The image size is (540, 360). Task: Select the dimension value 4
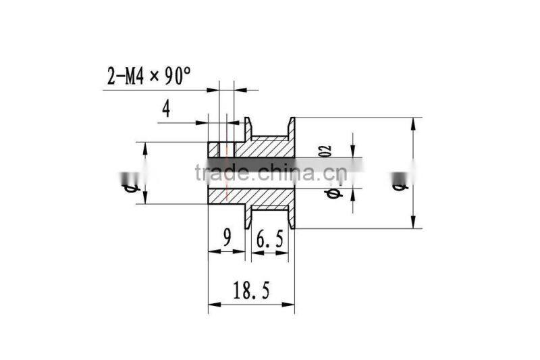pyautogui.click(x=167, y=108)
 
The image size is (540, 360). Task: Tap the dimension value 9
pyautogui.click(x=227, y=237)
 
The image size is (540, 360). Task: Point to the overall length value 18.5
pyautogui.click(x=250, y=291)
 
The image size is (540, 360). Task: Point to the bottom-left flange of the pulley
pyautogui.click(x=248, y=217)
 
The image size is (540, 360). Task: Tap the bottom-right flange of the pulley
pyautogui.click(x=292, y=217)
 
